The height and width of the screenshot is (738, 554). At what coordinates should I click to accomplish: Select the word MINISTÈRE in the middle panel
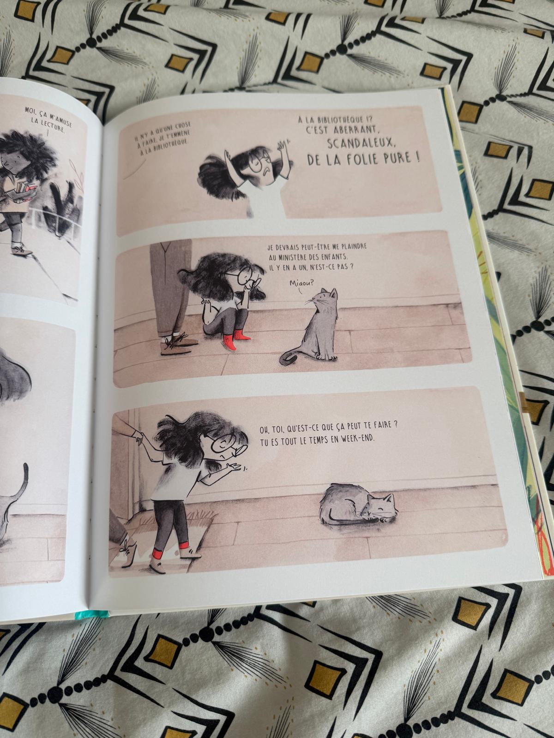[x=295, y=257]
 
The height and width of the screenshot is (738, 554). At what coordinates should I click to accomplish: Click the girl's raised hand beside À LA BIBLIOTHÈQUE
[x=281, y=147]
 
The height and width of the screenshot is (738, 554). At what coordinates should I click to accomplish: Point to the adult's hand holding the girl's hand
[x=138, y=436]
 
